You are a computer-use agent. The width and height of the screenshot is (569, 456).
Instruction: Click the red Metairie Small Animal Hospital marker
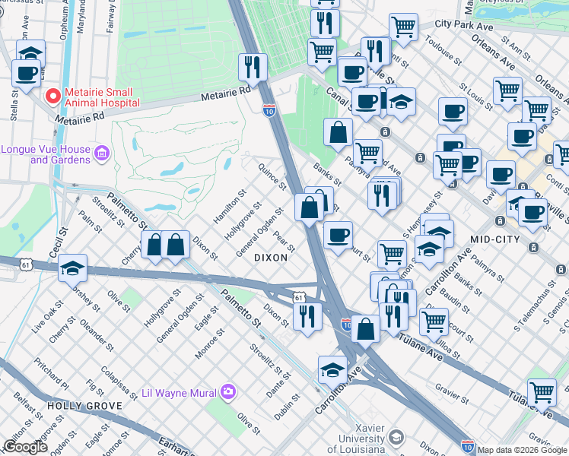tap(52, 97)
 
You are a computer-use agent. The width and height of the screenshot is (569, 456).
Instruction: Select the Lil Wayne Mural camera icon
tap(227, 393)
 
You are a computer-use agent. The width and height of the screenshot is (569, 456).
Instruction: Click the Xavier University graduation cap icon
tap(396, 437)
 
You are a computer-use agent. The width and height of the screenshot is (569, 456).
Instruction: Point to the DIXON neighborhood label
tap(271, 258)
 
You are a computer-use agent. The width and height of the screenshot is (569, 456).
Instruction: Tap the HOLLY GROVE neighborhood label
tap(80, 406)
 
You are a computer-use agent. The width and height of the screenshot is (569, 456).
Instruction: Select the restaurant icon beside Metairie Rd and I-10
tap(253, 67)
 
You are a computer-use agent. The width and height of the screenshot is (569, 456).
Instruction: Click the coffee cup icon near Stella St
tap(27, 74)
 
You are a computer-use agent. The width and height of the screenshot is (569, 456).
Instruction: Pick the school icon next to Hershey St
tap(73, 268)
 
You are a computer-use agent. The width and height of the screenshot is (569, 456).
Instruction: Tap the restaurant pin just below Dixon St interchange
tap(307, 314)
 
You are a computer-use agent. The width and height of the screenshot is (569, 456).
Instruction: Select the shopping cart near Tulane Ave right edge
tap(541, 392)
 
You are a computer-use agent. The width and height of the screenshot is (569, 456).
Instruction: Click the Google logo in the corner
tap(25, 447)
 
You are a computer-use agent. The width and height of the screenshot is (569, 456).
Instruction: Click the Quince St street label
tap(272, 176)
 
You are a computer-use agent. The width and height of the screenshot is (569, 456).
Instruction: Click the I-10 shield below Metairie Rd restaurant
tap(269, 110)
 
